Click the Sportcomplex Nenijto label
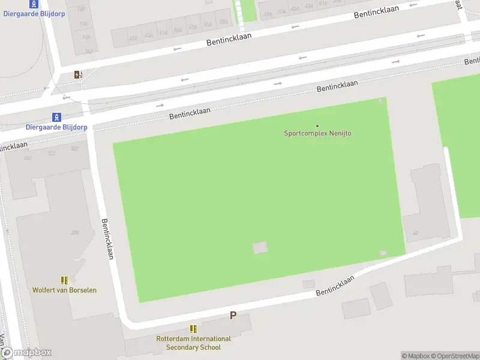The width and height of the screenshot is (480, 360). (317, 133)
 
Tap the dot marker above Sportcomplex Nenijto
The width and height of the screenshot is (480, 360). (317, 125)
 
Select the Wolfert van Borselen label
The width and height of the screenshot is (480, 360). (64, 290)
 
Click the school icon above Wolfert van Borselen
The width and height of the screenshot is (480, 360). (64, 280)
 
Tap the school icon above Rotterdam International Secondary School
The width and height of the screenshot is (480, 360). (193, 329)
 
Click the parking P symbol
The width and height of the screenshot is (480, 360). (233, 315)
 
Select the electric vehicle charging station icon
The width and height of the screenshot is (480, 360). (78, 74)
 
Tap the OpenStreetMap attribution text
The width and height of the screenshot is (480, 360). (454, 356)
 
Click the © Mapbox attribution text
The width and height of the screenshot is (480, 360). (415, 356)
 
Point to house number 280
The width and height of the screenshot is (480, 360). (75, 232)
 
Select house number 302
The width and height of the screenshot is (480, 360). (74, 149)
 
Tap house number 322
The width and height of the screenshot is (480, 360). (52, 154)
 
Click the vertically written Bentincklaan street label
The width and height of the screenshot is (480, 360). (108, 238)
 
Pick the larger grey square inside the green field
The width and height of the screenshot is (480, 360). (260, 247)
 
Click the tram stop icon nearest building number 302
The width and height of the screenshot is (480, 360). (56, 116)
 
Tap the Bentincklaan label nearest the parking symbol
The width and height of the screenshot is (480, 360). (335, 285)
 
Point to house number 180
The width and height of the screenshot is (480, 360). (81, 9)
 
